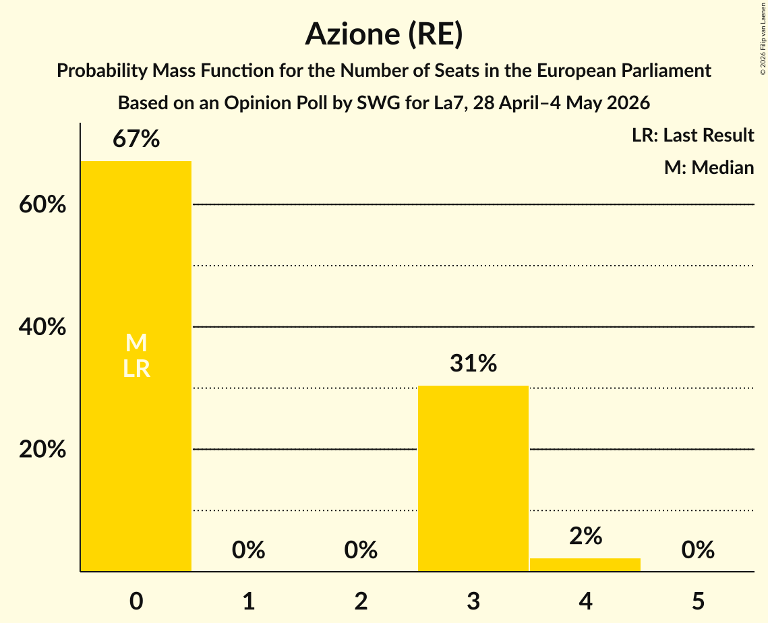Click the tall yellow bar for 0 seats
136,366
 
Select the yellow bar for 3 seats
473,479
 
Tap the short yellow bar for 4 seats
585,565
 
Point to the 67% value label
136,139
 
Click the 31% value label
473,363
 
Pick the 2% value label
585,536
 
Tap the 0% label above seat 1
248,550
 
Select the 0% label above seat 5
698,550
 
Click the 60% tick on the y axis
42,204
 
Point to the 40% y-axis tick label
42,327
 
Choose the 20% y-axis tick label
42,449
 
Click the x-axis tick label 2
361,601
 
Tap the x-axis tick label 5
698,601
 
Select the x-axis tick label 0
136,601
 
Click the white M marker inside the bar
136,343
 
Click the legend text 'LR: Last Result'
692,135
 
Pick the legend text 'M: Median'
709,167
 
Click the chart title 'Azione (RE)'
384,34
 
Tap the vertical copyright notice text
763,38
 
